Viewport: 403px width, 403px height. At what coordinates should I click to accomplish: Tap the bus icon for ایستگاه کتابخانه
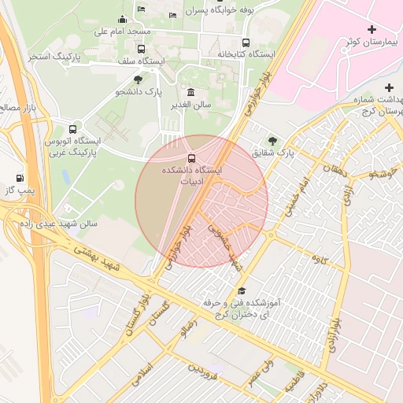click(246, 43)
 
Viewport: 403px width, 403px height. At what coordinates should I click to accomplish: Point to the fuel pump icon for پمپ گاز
click(20, 178)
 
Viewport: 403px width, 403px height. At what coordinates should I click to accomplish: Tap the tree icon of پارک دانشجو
click(139, 79)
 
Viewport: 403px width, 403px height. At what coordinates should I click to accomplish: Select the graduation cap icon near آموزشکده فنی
click(241, 290)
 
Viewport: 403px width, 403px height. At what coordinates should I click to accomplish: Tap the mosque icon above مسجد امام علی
click(122, 20)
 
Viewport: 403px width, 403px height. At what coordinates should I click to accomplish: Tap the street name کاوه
click(318, 258)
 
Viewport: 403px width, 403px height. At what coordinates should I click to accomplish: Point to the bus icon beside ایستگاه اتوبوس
click(73, 128)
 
